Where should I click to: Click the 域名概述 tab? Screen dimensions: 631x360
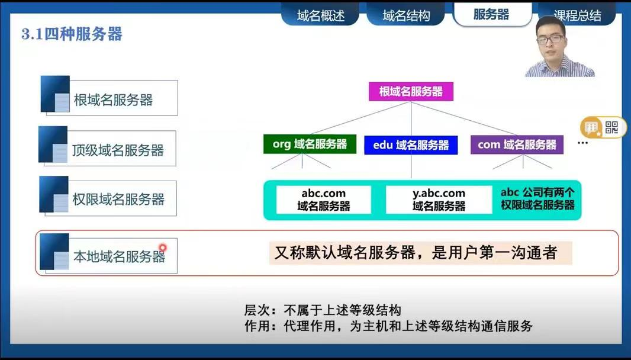tap(320, 15)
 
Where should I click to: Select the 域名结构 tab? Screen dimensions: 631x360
tap(405, 15)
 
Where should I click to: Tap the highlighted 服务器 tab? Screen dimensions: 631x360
tap(492, 14)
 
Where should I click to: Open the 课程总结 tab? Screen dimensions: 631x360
tap(577, 15)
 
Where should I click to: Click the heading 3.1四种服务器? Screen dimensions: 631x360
tap(72, 34)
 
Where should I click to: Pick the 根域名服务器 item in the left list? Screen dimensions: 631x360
tap(109, 97)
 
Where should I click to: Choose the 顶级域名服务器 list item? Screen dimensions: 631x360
tap(108, 147)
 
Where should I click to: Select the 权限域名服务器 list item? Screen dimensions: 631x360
tap(108, 197)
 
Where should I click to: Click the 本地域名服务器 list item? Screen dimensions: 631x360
tap(109, 253)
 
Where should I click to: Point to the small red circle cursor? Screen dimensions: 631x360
tap(163, 247)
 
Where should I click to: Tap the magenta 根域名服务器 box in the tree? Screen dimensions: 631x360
tap(411, 91)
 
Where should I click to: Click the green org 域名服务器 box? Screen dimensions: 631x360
tap(310, 144)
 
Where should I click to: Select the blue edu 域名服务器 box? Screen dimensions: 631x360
tap(411, 145)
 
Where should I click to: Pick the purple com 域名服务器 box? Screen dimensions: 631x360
tap(517, 144)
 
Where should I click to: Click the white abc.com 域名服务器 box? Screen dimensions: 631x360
tap(324, 200)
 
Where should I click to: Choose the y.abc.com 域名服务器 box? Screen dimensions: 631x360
tap(439, 200)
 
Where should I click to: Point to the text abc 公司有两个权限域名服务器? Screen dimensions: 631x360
tap(537, 198)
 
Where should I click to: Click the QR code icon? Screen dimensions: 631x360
tap(611, 128)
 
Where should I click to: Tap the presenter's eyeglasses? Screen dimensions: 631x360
tap(551, 40)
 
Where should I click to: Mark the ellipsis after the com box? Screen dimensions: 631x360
tap(582, 143)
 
